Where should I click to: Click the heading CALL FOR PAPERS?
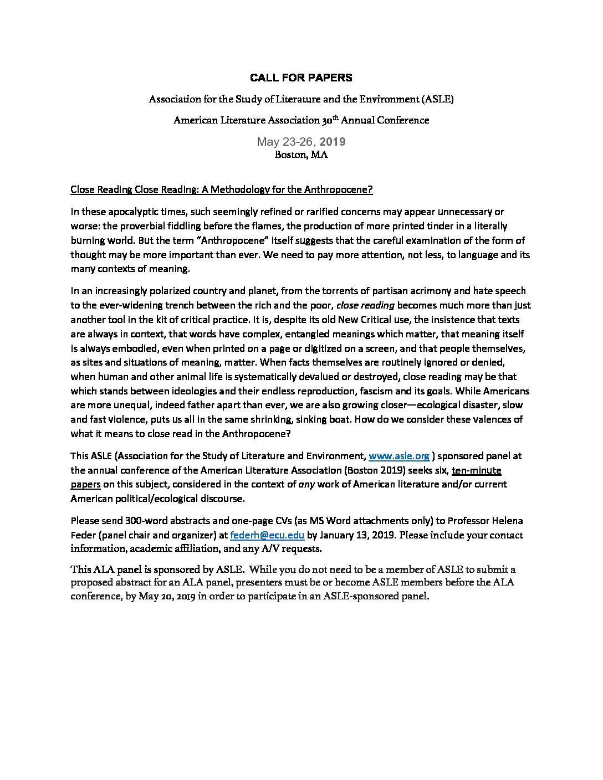(301, 78)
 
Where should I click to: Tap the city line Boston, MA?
(301, 155)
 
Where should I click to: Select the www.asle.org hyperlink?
(399, 456)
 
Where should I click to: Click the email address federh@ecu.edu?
(267, 535)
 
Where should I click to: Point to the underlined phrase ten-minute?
(476, 470)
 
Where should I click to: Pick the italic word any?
(306, 484)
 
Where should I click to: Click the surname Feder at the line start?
(83, 535)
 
